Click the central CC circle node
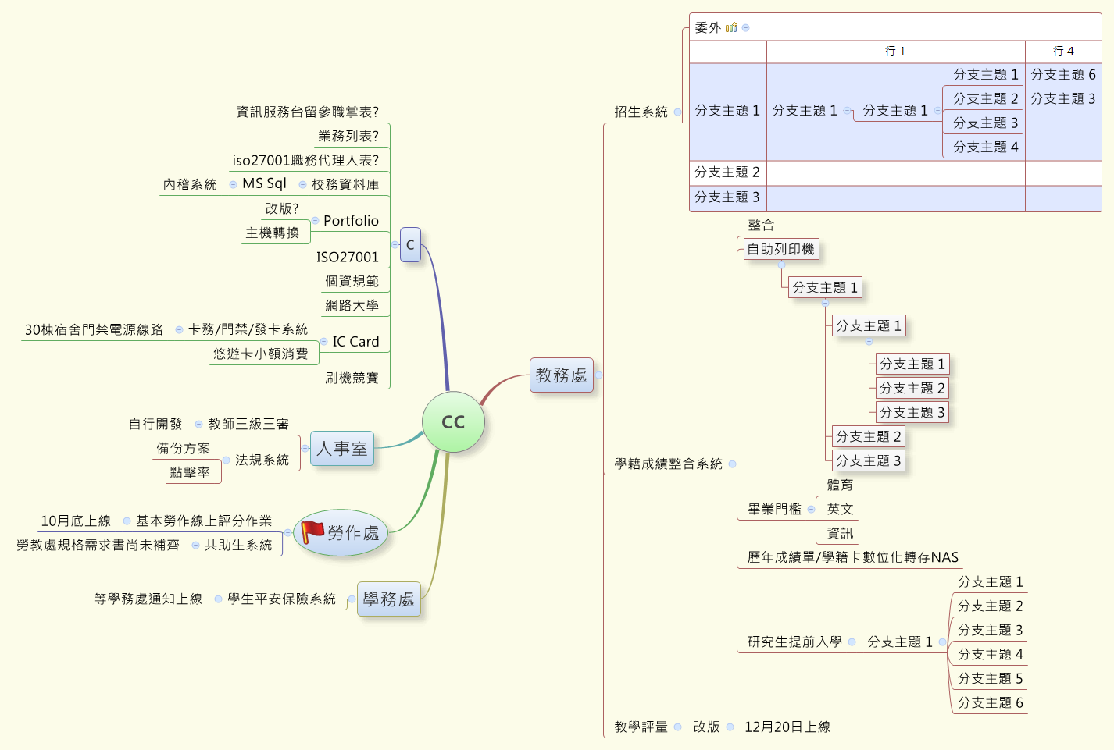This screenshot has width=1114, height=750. click(453, 422)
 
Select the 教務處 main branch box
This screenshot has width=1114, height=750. click(561, 375)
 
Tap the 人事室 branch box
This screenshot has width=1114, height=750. click(342, 449)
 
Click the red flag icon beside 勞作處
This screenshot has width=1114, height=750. click(312, 531)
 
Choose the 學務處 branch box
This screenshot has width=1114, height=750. click(388, 599)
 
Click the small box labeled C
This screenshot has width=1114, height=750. click(410, 245)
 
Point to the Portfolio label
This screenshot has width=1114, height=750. click(351, 221)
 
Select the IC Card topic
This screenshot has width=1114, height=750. click(355, 342)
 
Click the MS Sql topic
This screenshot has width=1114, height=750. click(264, 183)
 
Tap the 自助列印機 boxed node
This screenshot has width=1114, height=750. click(780, 250)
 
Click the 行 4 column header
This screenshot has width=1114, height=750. click(1063, 52)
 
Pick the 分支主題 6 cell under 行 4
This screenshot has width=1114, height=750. click(1063, 75)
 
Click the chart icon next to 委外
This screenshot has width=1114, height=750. click(731, 27)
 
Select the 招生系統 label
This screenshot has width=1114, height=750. click(641, 112)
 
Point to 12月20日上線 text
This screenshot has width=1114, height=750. click(787, 727)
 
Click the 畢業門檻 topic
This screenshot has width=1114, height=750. click(774, 510)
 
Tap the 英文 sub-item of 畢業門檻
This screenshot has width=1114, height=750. click(840, 510)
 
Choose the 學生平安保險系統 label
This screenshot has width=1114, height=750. click(281, 599)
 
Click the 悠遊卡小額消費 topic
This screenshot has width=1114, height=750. click(261, 354)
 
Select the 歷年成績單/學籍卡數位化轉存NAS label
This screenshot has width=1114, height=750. click(852, 557)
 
